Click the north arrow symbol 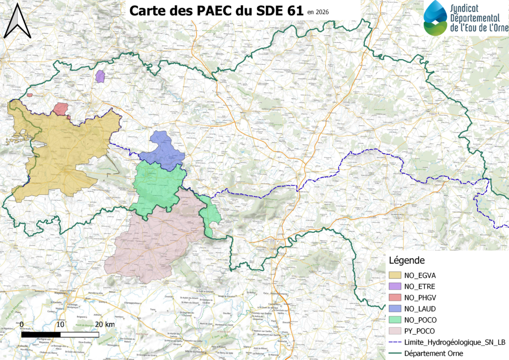17,21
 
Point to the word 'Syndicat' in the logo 467,8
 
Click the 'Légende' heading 406,260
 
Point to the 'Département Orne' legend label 434,354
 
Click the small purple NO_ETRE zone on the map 100,77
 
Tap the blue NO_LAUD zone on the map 163,149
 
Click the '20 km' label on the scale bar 105,324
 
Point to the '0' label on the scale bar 23,324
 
